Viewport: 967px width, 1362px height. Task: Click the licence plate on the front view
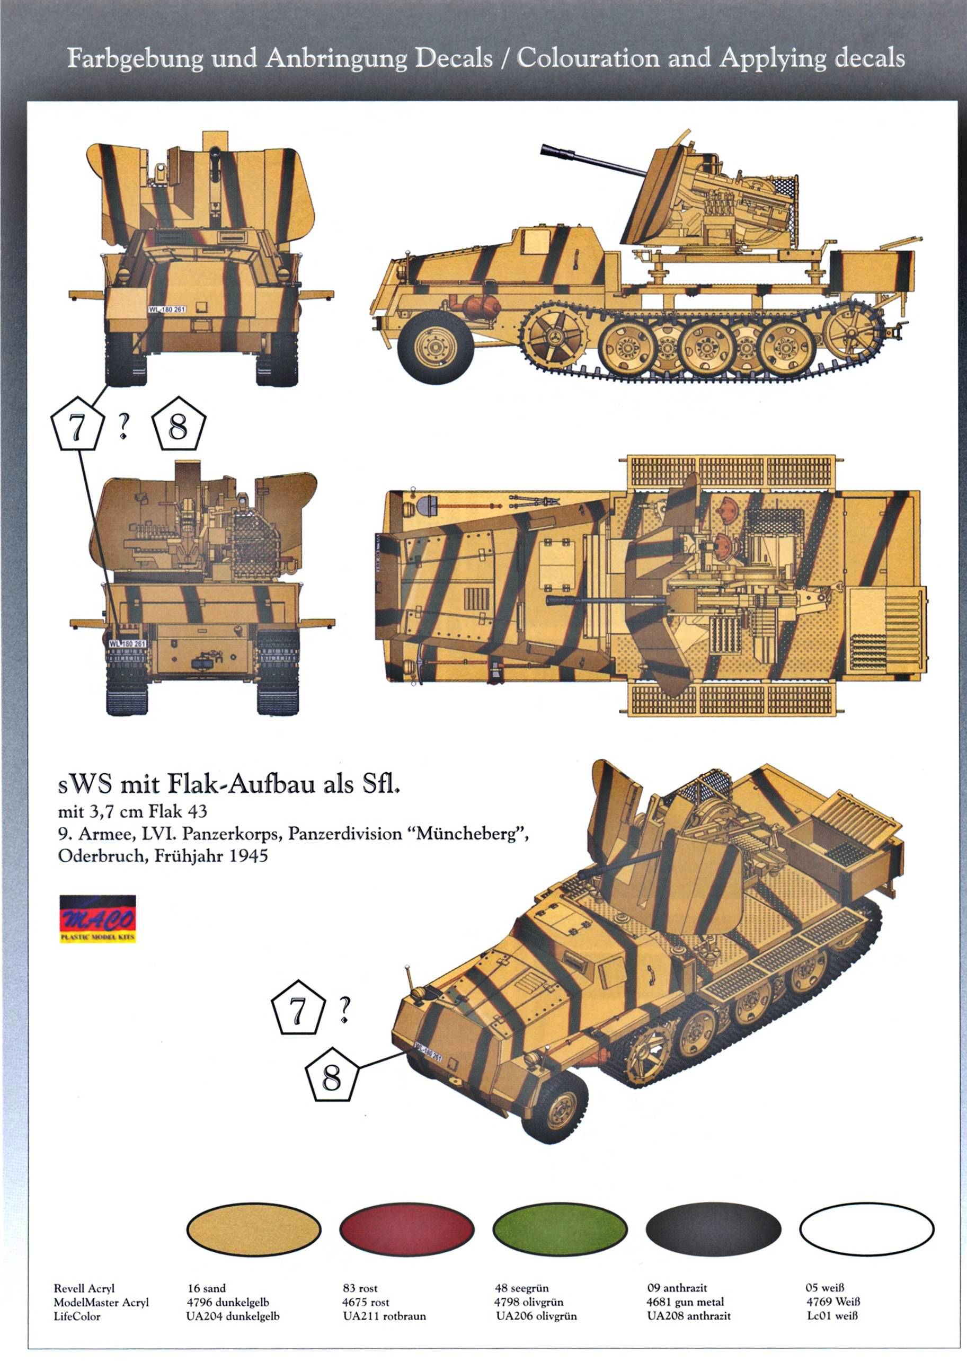click(x=167, y=309)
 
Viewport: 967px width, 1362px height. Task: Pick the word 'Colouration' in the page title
click(x=588, y=58)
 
